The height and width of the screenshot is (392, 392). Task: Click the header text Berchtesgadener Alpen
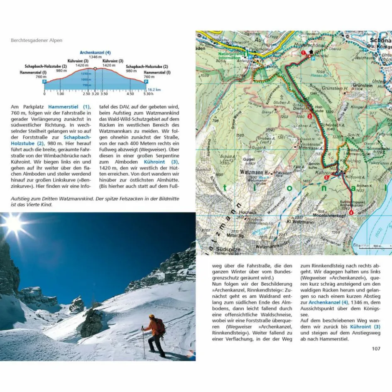click(37, 40)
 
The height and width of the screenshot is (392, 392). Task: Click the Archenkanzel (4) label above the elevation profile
click(95, 53)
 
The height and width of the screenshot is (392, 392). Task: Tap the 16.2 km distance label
click(154, 89)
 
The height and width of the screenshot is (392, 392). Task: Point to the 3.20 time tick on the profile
click(95, 94)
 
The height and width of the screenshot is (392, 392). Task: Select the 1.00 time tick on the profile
click(61, 94)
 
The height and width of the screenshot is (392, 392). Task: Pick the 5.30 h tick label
click(146, 94)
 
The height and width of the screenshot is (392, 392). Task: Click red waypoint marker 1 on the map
click(304, 53)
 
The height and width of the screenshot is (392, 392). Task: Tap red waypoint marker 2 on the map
click(310, 116)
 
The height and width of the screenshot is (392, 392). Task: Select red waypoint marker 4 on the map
click(352, 213)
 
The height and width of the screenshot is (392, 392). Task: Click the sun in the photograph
click(14, 224)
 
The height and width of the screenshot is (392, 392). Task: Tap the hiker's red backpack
click(160, 326)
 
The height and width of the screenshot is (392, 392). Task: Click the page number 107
click(375, 348)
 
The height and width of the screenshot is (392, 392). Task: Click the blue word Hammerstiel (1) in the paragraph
click(69, 107)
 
